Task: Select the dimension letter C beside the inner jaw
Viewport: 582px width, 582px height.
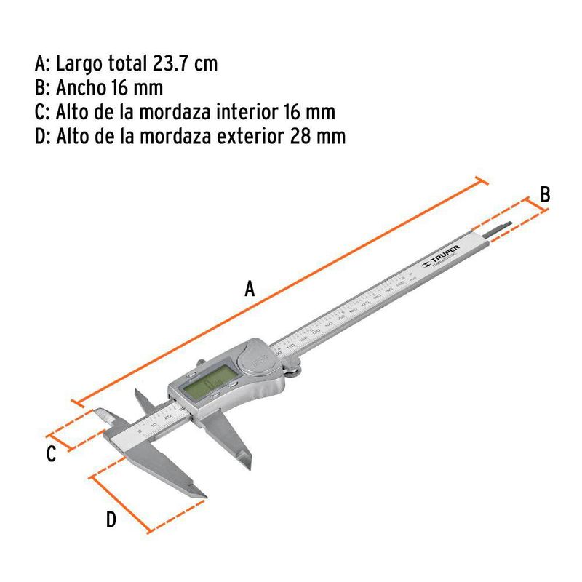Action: tap(50, 455)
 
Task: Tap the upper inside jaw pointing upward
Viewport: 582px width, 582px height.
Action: tap(140, 401)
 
